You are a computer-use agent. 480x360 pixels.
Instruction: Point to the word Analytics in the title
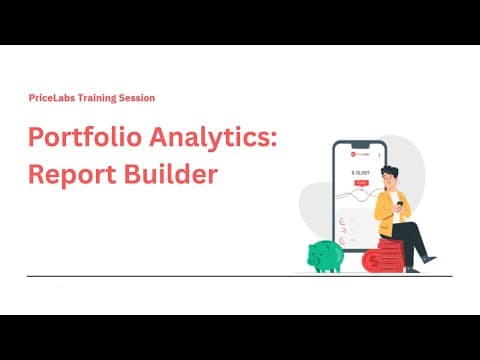tap(200, 138)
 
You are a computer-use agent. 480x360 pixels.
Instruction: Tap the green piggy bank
tap(325, 255)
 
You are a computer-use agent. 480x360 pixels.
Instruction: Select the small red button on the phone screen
tap(360, 184)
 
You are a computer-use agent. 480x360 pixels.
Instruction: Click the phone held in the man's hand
tap(398, 200)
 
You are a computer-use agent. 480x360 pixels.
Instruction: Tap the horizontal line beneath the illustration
tap(240, 275)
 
